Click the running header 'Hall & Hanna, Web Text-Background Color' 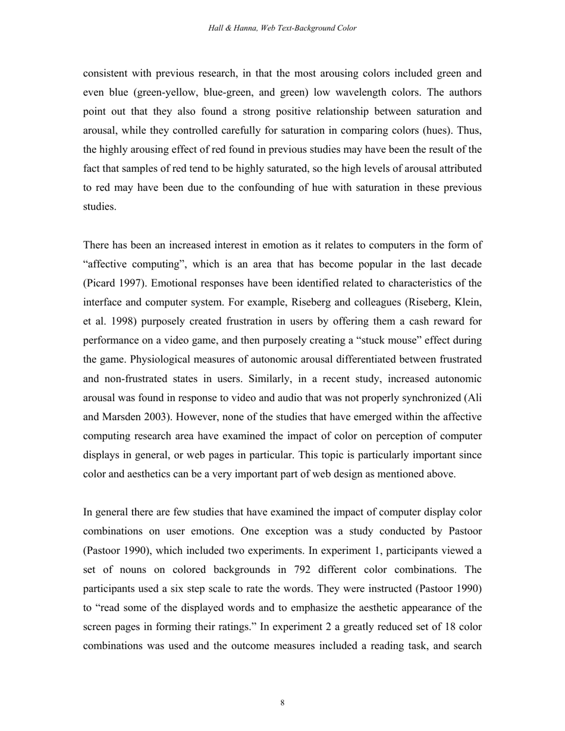click(x=282, y=28)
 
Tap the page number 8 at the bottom click(x=282, y=703)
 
